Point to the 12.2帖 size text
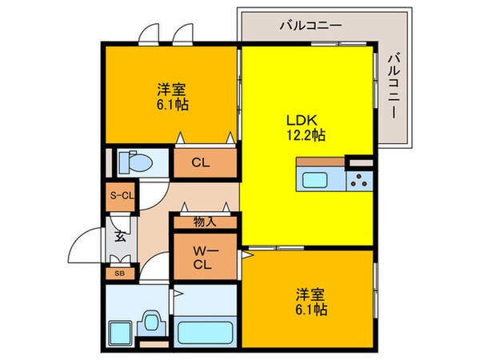tap(306, 134)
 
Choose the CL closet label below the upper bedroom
tap(201, 163)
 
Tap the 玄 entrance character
tap(119, 236)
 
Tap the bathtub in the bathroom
tap(204, 330)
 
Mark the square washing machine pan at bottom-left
tap(122, 331)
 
